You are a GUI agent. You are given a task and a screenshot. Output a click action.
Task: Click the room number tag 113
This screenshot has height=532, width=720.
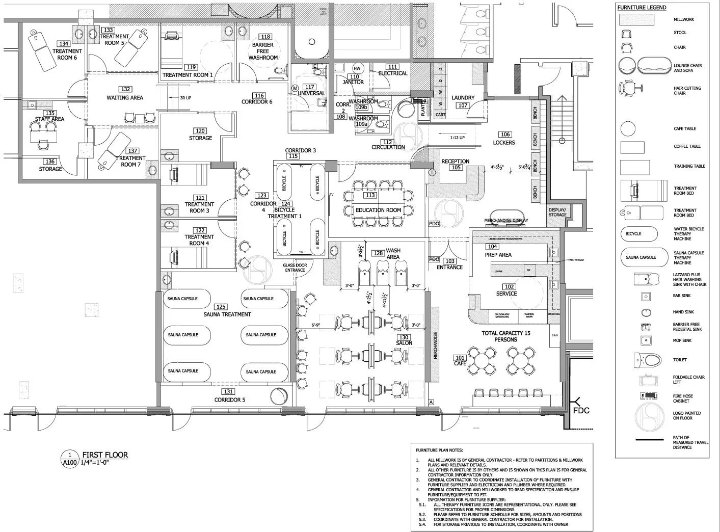(x=370, y=195)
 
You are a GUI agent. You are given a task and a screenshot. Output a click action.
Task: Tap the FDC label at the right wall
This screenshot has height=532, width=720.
(x=581, y=410)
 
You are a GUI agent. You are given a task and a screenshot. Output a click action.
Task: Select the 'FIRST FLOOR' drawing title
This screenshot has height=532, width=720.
(x=105, y=455)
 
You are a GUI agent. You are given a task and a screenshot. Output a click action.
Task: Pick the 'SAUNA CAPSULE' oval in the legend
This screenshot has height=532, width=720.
(x=645, y=257)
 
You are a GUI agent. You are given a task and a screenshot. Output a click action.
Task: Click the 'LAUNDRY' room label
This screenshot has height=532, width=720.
(x=463, y=97)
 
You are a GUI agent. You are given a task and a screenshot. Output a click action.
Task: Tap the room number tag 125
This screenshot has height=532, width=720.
(x=221, y=307)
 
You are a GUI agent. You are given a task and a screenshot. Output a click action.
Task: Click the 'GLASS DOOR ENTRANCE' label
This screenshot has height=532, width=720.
(x=295, y=267)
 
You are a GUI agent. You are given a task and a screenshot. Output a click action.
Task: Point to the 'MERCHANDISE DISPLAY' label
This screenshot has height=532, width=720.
(x=506, y=221)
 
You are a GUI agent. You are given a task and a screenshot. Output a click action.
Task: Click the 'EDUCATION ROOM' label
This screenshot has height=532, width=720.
(x=379, y=210)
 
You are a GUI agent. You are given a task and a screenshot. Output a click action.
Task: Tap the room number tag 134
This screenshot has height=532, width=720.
(x=64, y=44)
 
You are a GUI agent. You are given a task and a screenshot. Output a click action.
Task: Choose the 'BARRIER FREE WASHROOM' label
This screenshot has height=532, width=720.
(x=263, y=51)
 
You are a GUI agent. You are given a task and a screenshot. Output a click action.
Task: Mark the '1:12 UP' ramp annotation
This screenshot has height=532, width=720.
(x=457, y=138)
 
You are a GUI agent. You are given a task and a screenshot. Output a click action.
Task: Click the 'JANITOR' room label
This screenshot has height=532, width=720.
(x=353, y=82)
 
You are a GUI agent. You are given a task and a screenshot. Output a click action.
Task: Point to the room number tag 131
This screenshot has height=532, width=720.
(x=228, y=392)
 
